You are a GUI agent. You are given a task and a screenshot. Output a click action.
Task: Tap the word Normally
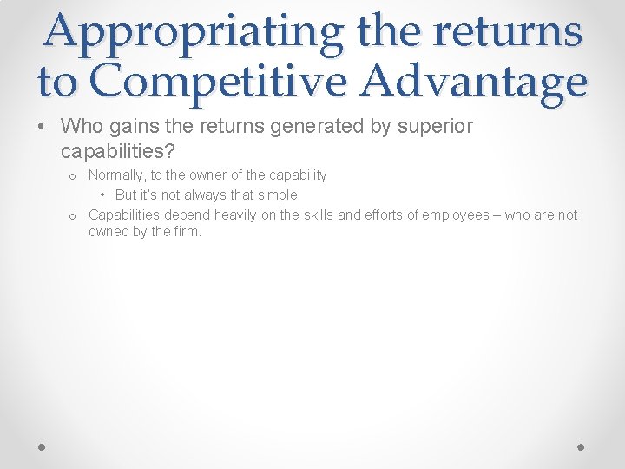[118, 175]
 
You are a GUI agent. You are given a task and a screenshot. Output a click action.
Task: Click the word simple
[278, 195]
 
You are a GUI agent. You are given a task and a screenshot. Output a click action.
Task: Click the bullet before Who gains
[43, 128]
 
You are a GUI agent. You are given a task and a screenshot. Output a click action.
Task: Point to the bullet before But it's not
[103, 195]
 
